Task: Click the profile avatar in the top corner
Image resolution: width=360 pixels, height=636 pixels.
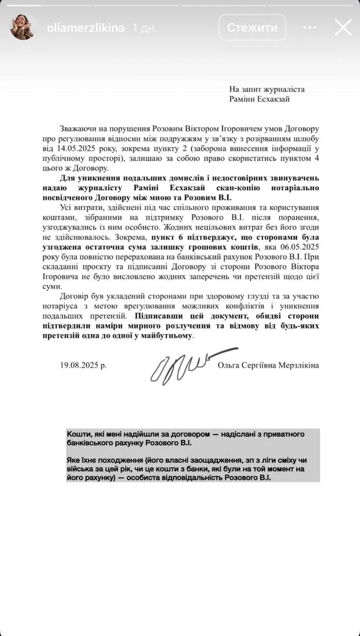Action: coord(22,27)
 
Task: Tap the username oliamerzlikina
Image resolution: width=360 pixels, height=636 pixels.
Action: coord(85,28)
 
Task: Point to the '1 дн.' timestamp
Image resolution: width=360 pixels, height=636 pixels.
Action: coord(144,28)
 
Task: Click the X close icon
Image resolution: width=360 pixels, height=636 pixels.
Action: coord(343,27)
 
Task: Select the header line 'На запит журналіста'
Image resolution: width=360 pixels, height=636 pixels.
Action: coord(267,89)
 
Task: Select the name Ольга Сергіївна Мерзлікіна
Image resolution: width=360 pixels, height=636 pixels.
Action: coord(268,365)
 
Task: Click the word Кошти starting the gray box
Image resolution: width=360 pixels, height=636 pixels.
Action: coord(78,434)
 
